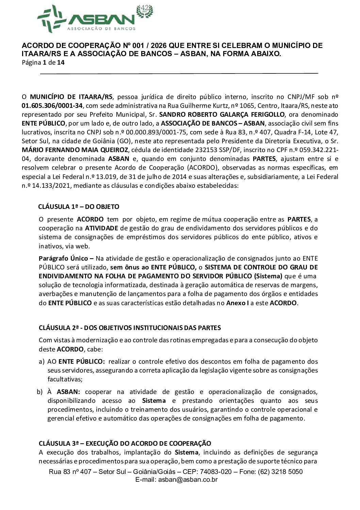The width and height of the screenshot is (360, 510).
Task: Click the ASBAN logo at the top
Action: tap(86, 19)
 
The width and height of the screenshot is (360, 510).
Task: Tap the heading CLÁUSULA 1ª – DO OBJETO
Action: tap(79, 207)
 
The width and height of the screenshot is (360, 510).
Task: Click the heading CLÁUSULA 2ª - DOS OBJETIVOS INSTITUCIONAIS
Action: tap(130, 328)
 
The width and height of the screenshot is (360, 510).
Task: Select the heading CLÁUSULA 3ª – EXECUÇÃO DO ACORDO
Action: tap(125, 443)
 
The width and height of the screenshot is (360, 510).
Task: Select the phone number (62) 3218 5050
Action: tap(280, 472)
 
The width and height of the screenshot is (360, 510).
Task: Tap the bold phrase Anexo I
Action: tap(237, 303)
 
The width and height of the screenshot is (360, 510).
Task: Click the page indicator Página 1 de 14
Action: tap(43, 62)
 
